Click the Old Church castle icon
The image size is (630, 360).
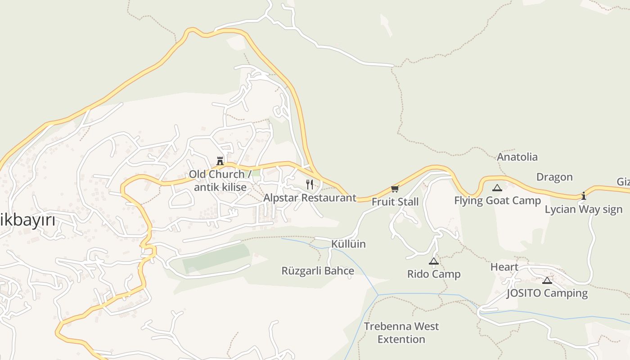pyautogui.click(x=220, y=161)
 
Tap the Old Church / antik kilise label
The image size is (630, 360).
pyautogui.click(x=220, y=180)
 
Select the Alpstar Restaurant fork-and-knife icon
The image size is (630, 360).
pyautogui.click(x=309, y=184)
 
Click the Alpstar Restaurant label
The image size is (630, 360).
pyautogui.click(x=310, y=198)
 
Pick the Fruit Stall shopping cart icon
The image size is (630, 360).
pyautogui.click(x=395, y=189)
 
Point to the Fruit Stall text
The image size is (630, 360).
pyautogui.click(x=395, y=202)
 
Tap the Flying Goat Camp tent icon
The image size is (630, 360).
pyautogui.click(x=497, y=188)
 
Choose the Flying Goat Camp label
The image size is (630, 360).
pyautogui.click(x=497, y=201)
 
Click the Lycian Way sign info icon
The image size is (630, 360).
pyautogui.click(x=584, y=196)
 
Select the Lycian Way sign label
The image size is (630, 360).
pyautogui.click(x=584, y=209)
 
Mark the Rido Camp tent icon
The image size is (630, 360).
pyautogui.click(x=433, y=261)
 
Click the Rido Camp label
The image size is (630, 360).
pyautogui.click(x=434, y=274)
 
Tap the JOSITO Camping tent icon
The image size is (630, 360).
pyautogui.click(x=547, y=280)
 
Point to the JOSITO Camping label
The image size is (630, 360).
pyautogui.click(x=547, y=293)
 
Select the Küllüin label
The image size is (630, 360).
pyautogui.click(x=348, y=244)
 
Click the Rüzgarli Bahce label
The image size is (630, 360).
pyautogui.click(x=318, y=271)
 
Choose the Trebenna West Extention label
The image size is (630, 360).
pyautogui.click(x=401, y=333)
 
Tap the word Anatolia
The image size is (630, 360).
pyautogui.click(x=517, y=157)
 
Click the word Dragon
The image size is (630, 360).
pyautogui.click(x=554, y=177)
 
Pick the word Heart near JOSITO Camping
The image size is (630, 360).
pyautogui.click(x=504, y=267)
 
